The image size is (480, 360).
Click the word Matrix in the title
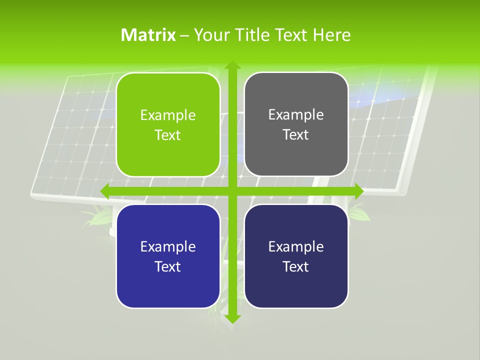pos(148,35)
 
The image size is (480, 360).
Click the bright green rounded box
pos(168,124)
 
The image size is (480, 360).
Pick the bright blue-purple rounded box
pos(168,256)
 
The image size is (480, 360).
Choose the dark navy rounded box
pos(296,256)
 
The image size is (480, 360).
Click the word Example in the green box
pos(168,115)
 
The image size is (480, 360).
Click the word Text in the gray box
pos(296,135)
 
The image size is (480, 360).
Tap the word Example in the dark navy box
pos(296,246)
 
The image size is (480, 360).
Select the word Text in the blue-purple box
pos(168,266)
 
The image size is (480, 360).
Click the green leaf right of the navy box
pos(360,214)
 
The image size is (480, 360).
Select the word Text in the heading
pos(290,35)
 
